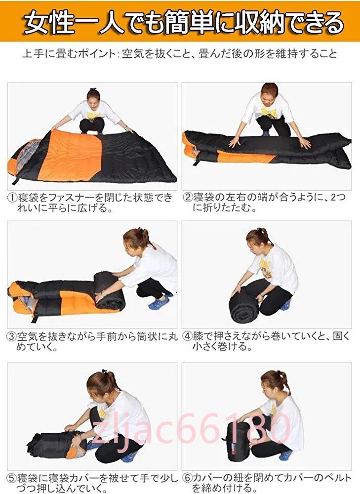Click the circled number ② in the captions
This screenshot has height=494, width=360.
(x=188, y=198)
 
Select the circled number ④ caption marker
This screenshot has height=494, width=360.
(x=188, y=336)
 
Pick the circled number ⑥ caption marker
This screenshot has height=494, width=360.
(x=188, y=478)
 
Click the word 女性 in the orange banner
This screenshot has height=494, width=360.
(x=49, y=22)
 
